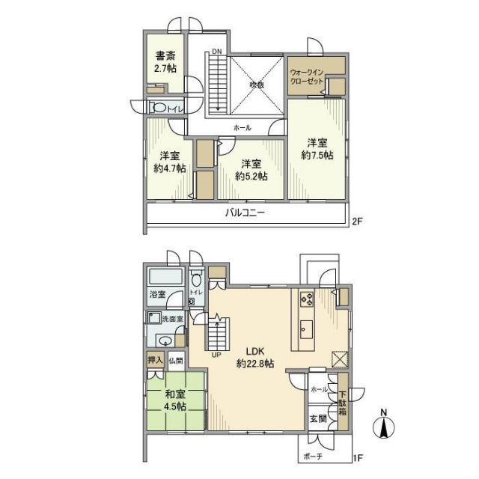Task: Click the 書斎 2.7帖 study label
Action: click(x=166, y=61)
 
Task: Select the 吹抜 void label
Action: click(x=257, y=85)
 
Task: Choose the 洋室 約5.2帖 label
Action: click(x=251, y=169)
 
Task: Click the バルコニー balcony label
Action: click(x=245, y=213)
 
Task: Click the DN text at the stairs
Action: click(x=216, y=52)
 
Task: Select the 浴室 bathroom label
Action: click(x=157, y=295)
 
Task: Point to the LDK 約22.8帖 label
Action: click(x=254, y=357)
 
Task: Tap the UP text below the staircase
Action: click(x=216, y=355)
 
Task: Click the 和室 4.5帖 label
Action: click(x=174, y=400)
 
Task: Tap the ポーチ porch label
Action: click(x=314, y=457)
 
